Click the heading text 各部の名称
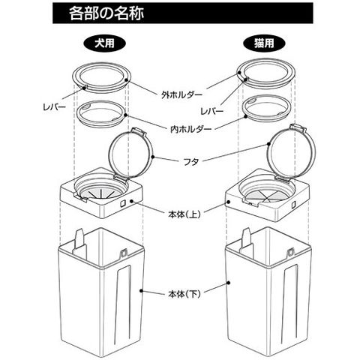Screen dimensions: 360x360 106,13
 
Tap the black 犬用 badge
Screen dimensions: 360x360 104,43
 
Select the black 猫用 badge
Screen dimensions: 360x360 264,43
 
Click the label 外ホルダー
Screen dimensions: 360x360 181,94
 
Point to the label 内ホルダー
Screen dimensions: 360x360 191,129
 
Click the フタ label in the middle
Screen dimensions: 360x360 191,162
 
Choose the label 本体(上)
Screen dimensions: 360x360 184,214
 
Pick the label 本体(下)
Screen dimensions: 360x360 184,294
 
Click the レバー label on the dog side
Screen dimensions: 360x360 54,107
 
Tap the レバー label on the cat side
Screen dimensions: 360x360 212,111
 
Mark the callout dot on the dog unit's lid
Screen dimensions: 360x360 153,157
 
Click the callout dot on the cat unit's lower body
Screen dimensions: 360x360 228,283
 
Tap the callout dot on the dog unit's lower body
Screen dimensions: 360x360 141,291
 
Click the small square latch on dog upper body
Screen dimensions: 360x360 123,204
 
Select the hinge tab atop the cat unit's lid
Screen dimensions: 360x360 298,127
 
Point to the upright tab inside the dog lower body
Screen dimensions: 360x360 80,239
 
